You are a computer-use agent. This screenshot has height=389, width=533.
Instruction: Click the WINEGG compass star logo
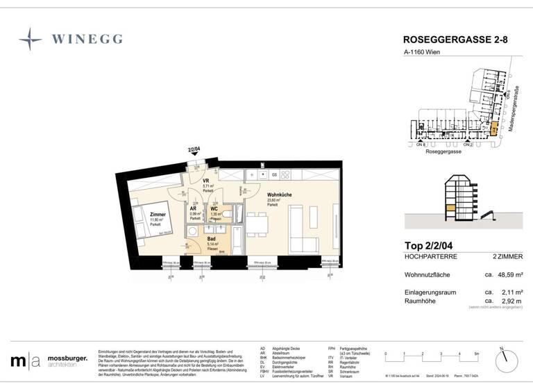click(x=31, y=39)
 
